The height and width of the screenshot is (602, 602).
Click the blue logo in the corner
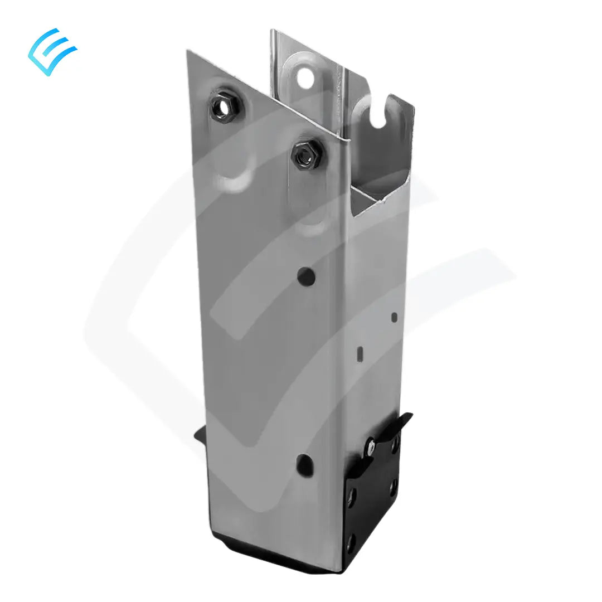click(52, 51)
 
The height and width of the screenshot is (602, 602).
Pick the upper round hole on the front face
click(305, 274)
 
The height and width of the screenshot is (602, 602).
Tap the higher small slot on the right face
click(395, 317)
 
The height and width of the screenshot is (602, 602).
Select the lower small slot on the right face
click(360, 352)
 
